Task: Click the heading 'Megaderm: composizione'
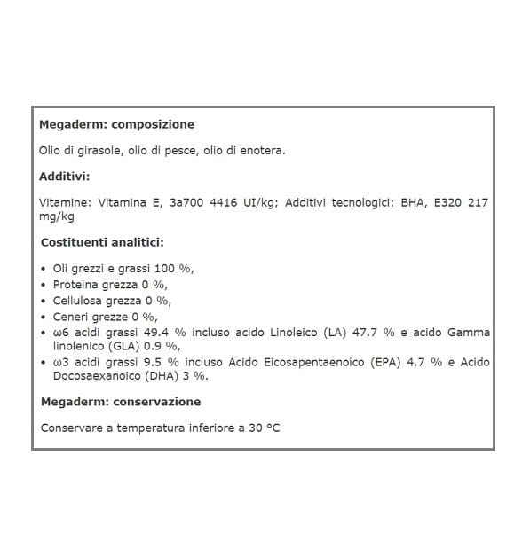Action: pyautogui.click(x=116, y=125)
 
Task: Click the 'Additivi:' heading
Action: pyautogui.click(x=64, y=177)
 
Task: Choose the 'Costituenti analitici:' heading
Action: pyautogui.click(x=102, y=242)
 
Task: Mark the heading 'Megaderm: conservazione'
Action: pyautogui.click(x=122, y=402)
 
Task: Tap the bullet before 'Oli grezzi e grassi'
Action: pyautogui.click(x=44, y=269)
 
